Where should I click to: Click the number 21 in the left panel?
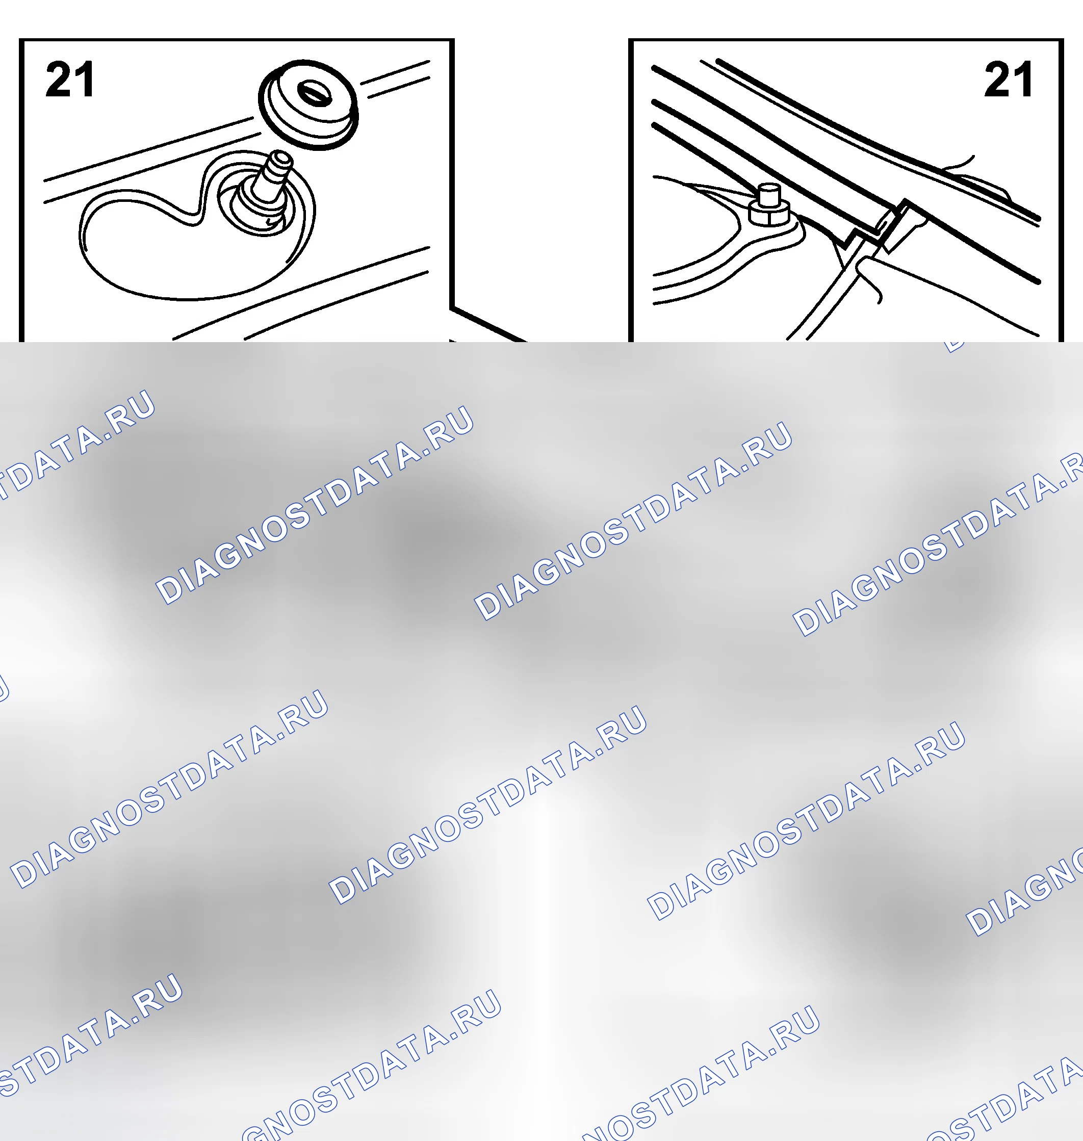69,80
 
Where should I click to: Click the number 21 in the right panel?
1008,80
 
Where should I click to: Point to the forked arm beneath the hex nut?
728,242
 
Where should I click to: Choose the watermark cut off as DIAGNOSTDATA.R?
938,542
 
